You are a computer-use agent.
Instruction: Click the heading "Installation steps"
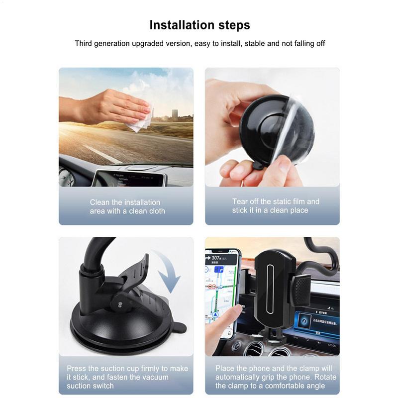[x=199, y=25]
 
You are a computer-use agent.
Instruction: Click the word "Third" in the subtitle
[x=85, y=43]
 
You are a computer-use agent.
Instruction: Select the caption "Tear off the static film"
[x=276, y=206]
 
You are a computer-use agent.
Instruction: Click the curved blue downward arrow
[x=169, y=271]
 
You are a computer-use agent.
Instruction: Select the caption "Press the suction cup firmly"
[x=127, y=377]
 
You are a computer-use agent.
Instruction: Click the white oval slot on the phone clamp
[x=271, y=289]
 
